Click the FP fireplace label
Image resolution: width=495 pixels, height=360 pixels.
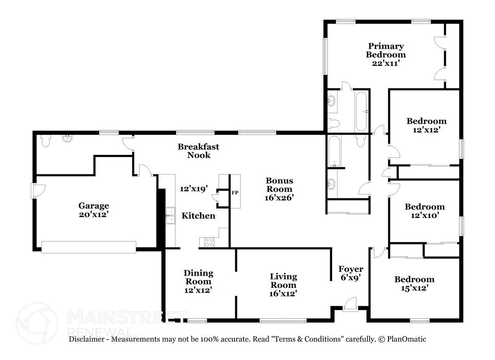tap(234, 193)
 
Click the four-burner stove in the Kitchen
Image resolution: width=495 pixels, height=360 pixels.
tap(209, 242)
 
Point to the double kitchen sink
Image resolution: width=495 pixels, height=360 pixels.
tap(170, 215)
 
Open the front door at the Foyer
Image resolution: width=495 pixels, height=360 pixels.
tap(351, 304)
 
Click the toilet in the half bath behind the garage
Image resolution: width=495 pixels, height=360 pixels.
tap(46, 140)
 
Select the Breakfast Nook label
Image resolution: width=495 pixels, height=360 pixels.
tap(198, 151)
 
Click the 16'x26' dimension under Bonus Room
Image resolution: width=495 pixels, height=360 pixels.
tap(279, 198)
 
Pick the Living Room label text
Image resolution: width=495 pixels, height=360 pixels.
tap(284, 281)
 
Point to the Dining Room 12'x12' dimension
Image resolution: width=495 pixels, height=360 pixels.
tap(198, 290)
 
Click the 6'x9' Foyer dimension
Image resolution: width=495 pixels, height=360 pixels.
tap(350, 277)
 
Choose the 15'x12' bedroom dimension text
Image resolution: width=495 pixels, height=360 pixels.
tap(414, 288)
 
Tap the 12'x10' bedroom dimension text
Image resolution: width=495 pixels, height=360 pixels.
tap(425, 215)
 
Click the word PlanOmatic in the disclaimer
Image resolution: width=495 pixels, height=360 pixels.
tap(406, 339)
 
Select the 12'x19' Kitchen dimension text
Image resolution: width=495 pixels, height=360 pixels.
tap(194, 189)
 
